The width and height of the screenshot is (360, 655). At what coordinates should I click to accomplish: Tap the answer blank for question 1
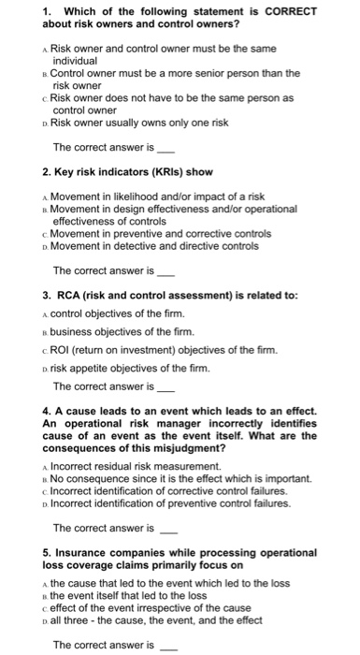166,149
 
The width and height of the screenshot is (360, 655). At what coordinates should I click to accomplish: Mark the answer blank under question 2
166,272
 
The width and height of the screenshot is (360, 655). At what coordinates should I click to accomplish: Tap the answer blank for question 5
168,646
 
